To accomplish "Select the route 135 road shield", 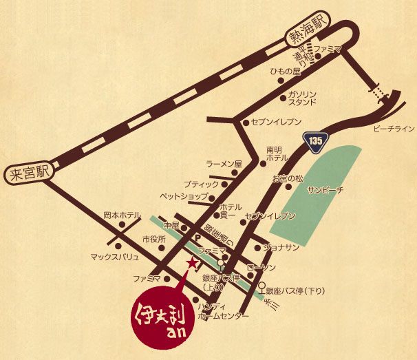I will coord(314,140).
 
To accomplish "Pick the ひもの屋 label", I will coord(286,72).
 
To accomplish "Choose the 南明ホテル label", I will coord(277,153).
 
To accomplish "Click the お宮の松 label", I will coord(287,178).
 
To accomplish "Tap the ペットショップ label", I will coord(184,196).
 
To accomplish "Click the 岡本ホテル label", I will coord(122,215).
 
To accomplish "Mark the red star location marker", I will coord(192,262).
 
